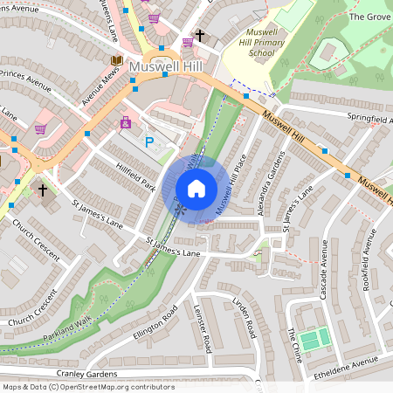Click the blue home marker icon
click(x=196, y=188)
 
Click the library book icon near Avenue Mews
click(x=116, y=59)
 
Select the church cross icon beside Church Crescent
click(x=43, y=189)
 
